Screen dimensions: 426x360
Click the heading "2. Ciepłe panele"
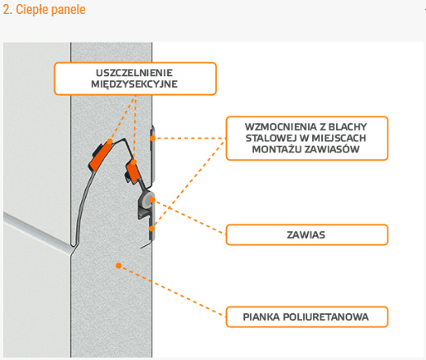(44, 10)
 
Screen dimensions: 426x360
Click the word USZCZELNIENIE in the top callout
(134, 73)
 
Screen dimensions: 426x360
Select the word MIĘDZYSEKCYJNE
(134, 84)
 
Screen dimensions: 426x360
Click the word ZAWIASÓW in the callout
(332, 149)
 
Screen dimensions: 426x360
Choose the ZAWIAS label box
(307, 235)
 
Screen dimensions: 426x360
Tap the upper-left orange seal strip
(100, 157)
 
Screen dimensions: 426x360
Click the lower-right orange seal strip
(133, 172)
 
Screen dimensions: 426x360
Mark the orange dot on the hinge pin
(152, 200)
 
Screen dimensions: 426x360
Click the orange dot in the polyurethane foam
(119, 266)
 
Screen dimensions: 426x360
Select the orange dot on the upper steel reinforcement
(152, 139)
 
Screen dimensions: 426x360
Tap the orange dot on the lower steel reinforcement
(152, 229)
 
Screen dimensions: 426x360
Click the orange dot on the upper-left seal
(110, 141)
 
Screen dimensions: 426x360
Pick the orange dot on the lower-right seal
(134, 162)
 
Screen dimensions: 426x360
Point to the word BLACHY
(347, 127)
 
